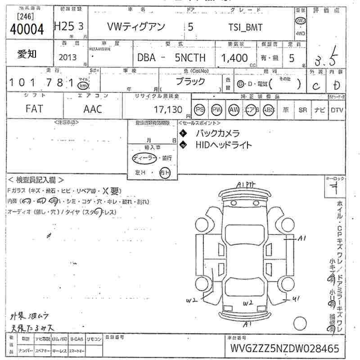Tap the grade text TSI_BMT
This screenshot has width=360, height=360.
pyautogui.click(x=245, y=27)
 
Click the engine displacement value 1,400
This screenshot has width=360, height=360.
pyautogui.click(x=234, y=58)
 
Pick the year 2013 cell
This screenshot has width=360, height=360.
pyautogui.click(x=67, y=58)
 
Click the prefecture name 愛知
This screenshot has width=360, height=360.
pyautogui.click(x=27, y=54)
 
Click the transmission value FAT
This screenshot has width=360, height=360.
pyautogui.click(x=34, y=109)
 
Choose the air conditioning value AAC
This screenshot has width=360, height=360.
pyautogui.click(x=93, y=109)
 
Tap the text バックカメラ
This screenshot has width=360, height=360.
pyautogui.click(x=217, y=133)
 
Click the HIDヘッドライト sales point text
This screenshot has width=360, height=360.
pyautogui.click(x=224, y=145)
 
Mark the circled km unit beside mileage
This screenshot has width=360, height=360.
pyautogui.click(x=82, y=85)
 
